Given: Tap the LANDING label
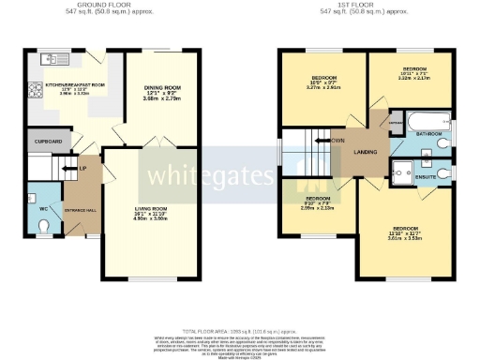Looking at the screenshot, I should (x=364, y=151).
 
